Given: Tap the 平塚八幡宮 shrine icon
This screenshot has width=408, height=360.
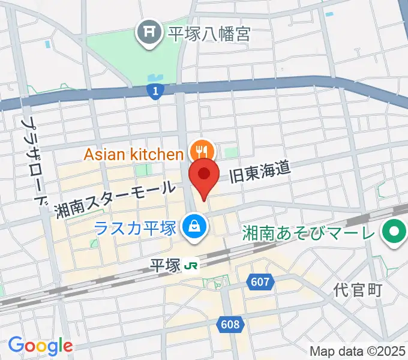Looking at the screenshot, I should pyautogui.click(x=147, y=30).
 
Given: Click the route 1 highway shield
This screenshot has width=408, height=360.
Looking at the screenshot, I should pyautogui.click(x=155, y=91).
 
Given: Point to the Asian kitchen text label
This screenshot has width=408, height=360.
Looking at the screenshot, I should pyautogui.click(x=133, y=154).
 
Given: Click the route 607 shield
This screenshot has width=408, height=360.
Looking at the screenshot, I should pyautogui.click(x=260, y=281).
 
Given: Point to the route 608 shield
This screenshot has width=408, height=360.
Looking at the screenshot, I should pyautogui.click(x=229, y=325).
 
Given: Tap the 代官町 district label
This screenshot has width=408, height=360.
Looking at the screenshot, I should pyautogui.click(x=358, y=291).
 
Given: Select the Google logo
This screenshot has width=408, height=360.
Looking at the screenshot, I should pyautogui.click(x=40, y=346).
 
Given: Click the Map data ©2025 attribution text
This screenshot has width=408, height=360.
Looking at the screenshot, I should pyautogui.click(x=357, y=351).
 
